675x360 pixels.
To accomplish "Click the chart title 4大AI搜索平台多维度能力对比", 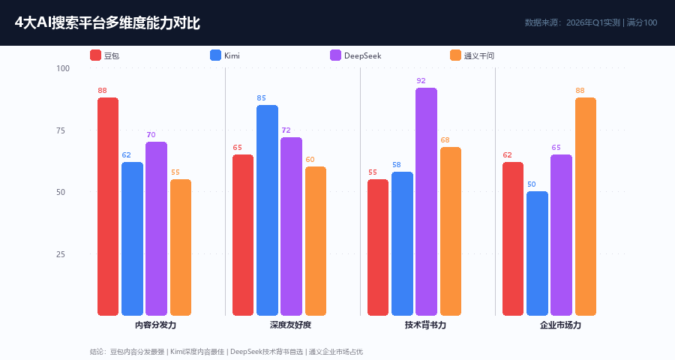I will [107, 23].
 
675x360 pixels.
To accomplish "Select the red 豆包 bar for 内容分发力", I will [108, 206].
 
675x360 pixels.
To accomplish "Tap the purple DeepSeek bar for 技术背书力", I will [426, 202].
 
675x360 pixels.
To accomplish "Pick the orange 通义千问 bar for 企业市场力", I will [586, 206].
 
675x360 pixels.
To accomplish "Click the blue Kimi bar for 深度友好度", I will [267, 210].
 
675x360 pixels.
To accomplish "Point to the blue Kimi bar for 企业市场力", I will [537, 253].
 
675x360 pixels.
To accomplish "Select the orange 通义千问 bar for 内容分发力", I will [181, 247].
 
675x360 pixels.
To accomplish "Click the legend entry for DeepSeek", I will [356, 55].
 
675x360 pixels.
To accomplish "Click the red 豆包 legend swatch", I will [95, 55].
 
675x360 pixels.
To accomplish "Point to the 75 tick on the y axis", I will [61, 130].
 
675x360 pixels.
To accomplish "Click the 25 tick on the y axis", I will [61, 254].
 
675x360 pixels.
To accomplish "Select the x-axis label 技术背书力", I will [425, 325].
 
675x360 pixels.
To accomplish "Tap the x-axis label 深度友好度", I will [290, 325].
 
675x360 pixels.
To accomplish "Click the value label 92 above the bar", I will [421, 80].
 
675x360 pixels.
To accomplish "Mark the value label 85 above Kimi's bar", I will [261, 97].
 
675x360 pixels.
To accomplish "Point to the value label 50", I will [532, 184].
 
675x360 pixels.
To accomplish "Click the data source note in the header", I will [591, 22].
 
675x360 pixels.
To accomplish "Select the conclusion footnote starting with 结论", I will [226, 351].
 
